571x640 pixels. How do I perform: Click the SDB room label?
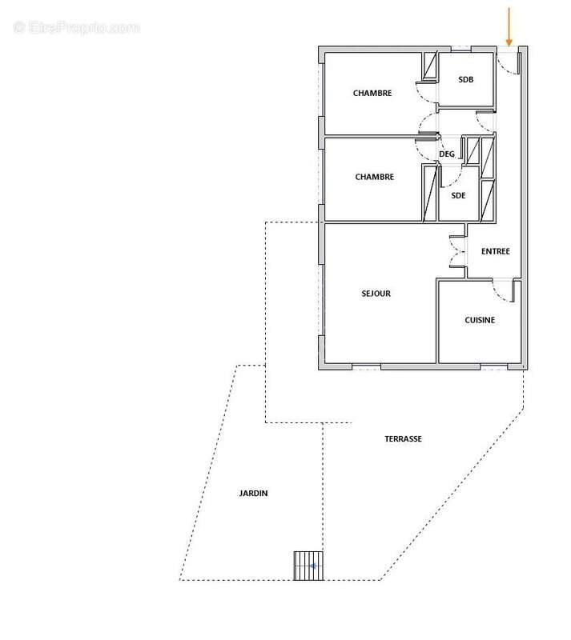coord(465,80)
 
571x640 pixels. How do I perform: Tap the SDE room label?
coord(458,195)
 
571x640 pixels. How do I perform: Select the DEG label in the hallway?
coord(447,154)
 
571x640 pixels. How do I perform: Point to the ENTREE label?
coord(495,251)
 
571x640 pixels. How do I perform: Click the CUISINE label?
coord(480,320)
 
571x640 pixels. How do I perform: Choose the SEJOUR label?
coord(376,294)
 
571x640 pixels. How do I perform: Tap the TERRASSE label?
coord(403,438)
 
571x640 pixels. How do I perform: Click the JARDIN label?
coord(252,494)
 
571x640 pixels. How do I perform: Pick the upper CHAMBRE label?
coord(372,94)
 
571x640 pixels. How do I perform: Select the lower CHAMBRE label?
coord(374,177)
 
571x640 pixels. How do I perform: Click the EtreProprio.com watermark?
coord(77,27)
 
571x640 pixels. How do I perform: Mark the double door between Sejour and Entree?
coord(457,256)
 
